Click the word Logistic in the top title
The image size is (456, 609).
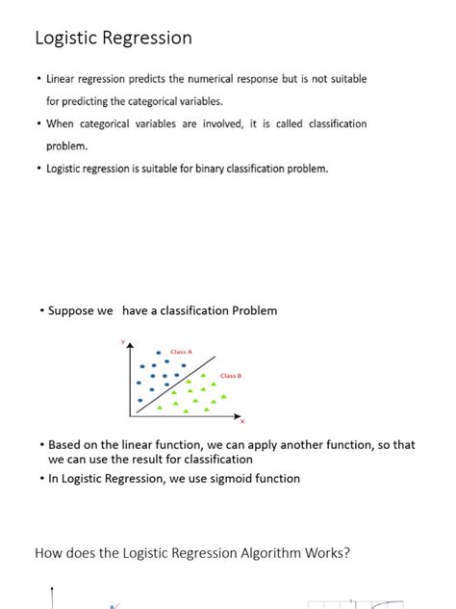pos(64,39)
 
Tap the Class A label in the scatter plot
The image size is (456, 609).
pos(182,352)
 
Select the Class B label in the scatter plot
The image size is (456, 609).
pos(230,375)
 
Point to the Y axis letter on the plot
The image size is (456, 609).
pos(123,343)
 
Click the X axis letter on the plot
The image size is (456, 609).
pos(242,421)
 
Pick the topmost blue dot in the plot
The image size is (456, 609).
pos(158,352)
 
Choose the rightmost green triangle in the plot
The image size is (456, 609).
pos(223,396)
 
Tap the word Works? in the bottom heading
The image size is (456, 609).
pos(325,553)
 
